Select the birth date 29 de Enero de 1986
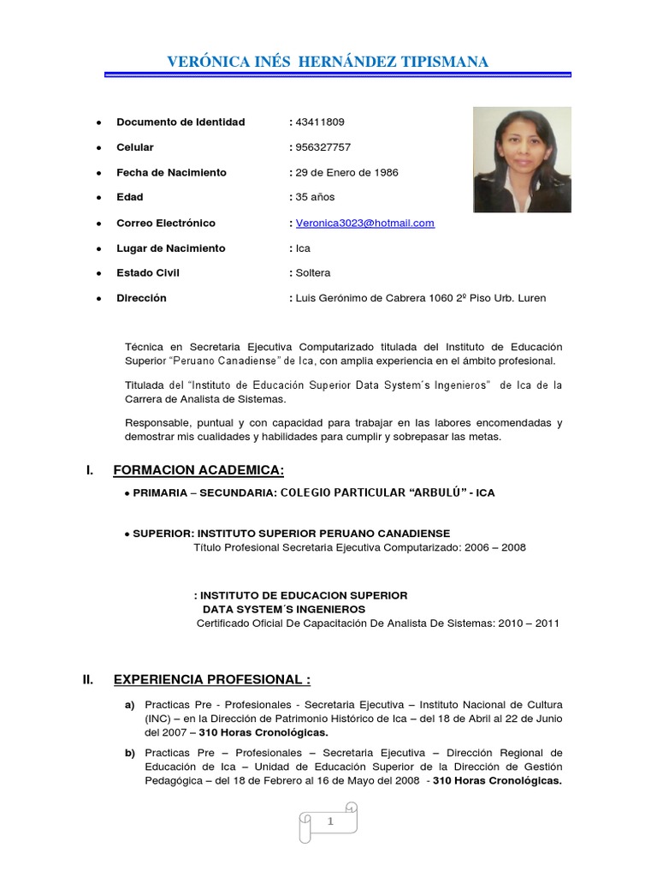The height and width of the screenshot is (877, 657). tap(346, 172)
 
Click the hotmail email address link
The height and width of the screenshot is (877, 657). tap(365, 223)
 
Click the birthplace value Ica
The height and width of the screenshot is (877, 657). tap(303, 248)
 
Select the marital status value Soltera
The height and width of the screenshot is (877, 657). tap(312, 273)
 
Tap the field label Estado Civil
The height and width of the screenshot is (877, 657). tap(148, 273)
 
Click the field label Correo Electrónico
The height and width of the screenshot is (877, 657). tap(166, 223)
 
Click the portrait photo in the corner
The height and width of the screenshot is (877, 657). tap(522, 159)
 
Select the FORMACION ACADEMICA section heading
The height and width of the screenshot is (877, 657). tap(198, 471)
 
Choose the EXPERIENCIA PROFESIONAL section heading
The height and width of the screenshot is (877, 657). tap(211, 680)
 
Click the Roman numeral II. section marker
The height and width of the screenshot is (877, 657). tap(87, 680)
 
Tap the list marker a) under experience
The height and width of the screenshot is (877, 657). tap(130, 705)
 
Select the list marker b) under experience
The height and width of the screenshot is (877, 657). tap(130, 753)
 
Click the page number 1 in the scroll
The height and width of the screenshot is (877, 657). tap(328, 822)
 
